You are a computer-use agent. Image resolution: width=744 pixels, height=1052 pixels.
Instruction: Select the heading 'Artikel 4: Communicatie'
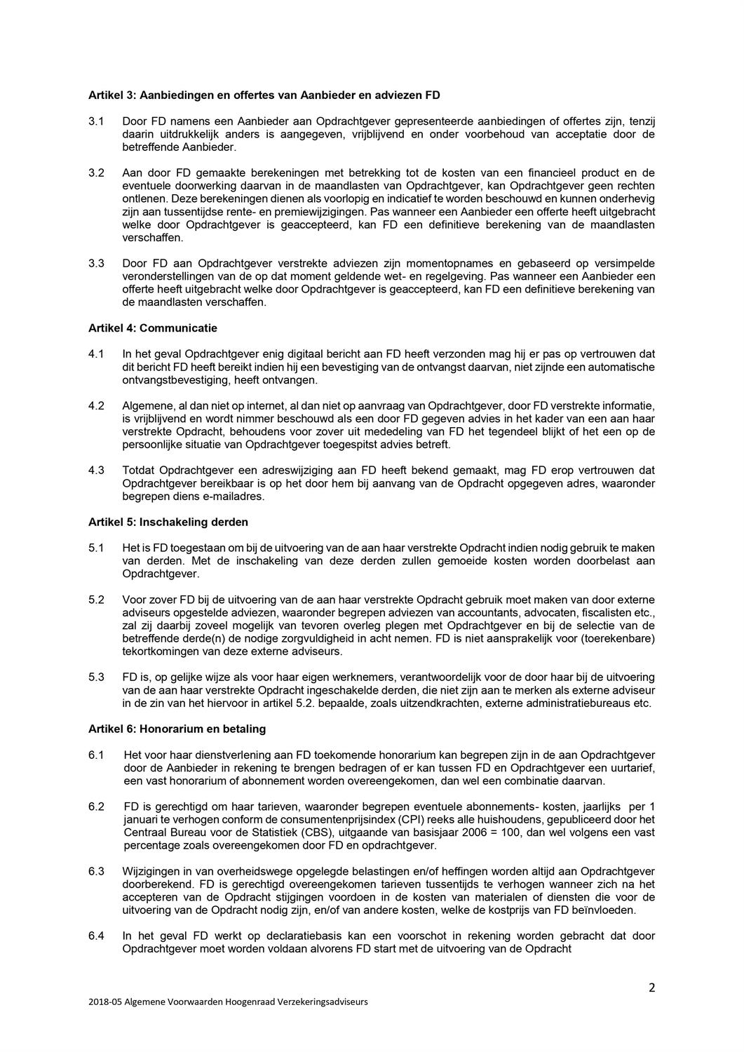coord(152,328)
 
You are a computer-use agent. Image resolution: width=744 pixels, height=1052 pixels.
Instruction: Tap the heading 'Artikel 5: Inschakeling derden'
coord(168,522)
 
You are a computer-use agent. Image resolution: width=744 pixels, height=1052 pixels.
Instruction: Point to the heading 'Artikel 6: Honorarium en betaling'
coord(177,729)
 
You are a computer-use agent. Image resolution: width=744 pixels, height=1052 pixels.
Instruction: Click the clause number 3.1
coord(96,121)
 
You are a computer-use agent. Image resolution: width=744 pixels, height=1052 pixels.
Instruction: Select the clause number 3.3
coord(96,264)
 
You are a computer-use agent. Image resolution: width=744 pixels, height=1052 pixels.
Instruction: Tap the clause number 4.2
coord(96,405)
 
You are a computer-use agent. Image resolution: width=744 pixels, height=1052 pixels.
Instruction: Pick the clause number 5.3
coord(96,677)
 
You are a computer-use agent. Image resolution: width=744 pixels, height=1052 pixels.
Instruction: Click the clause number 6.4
coord(96,936)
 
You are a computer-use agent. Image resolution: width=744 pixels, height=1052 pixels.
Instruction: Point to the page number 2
coord(651,988)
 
